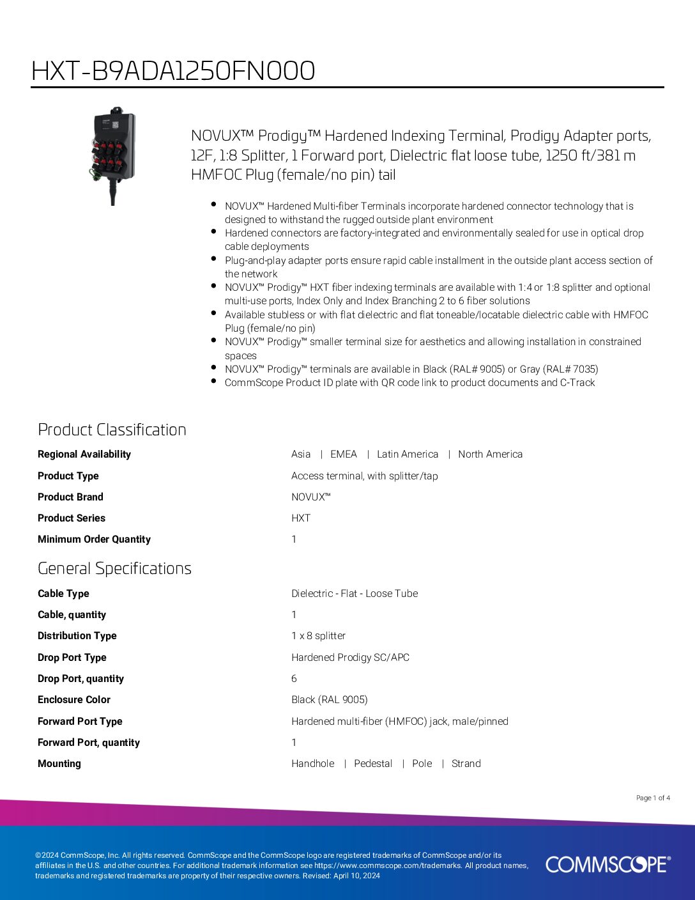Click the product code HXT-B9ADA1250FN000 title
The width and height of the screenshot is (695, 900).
point(173,71)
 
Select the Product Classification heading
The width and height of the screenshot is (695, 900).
point(112,430)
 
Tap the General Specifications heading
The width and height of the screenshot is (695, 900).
point(114,568)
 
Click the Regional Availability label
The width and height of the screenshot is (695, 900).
point(84,454)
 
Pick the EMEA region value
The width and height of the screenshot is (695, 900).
point(344,454)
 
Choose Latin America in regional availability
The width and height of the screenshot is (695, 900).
point(408,454)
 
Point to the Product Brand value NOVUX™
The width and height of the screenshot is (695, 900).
point(311,497)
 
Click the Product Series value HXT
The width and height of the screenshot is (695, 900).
point(301,518)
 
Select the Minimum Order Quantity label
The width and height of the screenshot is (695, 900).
point(94,539)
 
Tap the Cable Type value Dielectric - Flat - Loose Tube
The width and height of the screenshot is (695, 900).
point(355,593)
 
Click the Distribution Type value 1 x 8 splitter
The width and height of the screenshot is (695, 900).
point(318,636)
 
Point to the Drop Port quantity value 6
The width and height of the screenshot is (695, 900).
point(294,679)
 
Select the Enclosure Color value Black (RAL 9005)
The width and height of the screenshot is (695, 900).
point(330,700)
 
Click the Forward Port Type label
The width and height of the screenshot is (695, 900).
point(80,721)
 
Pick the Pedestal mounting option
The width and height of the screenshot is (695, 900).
point(373,764)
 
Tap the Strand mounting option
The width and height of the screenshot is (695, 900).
point(466,764)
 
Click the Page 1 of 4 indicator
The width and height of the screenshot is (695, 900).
point(653,798)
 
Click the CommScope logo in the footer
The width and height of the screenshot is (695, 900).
point(607,864)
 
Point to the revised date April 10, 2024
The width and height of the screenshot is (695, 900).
point(356,876)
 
